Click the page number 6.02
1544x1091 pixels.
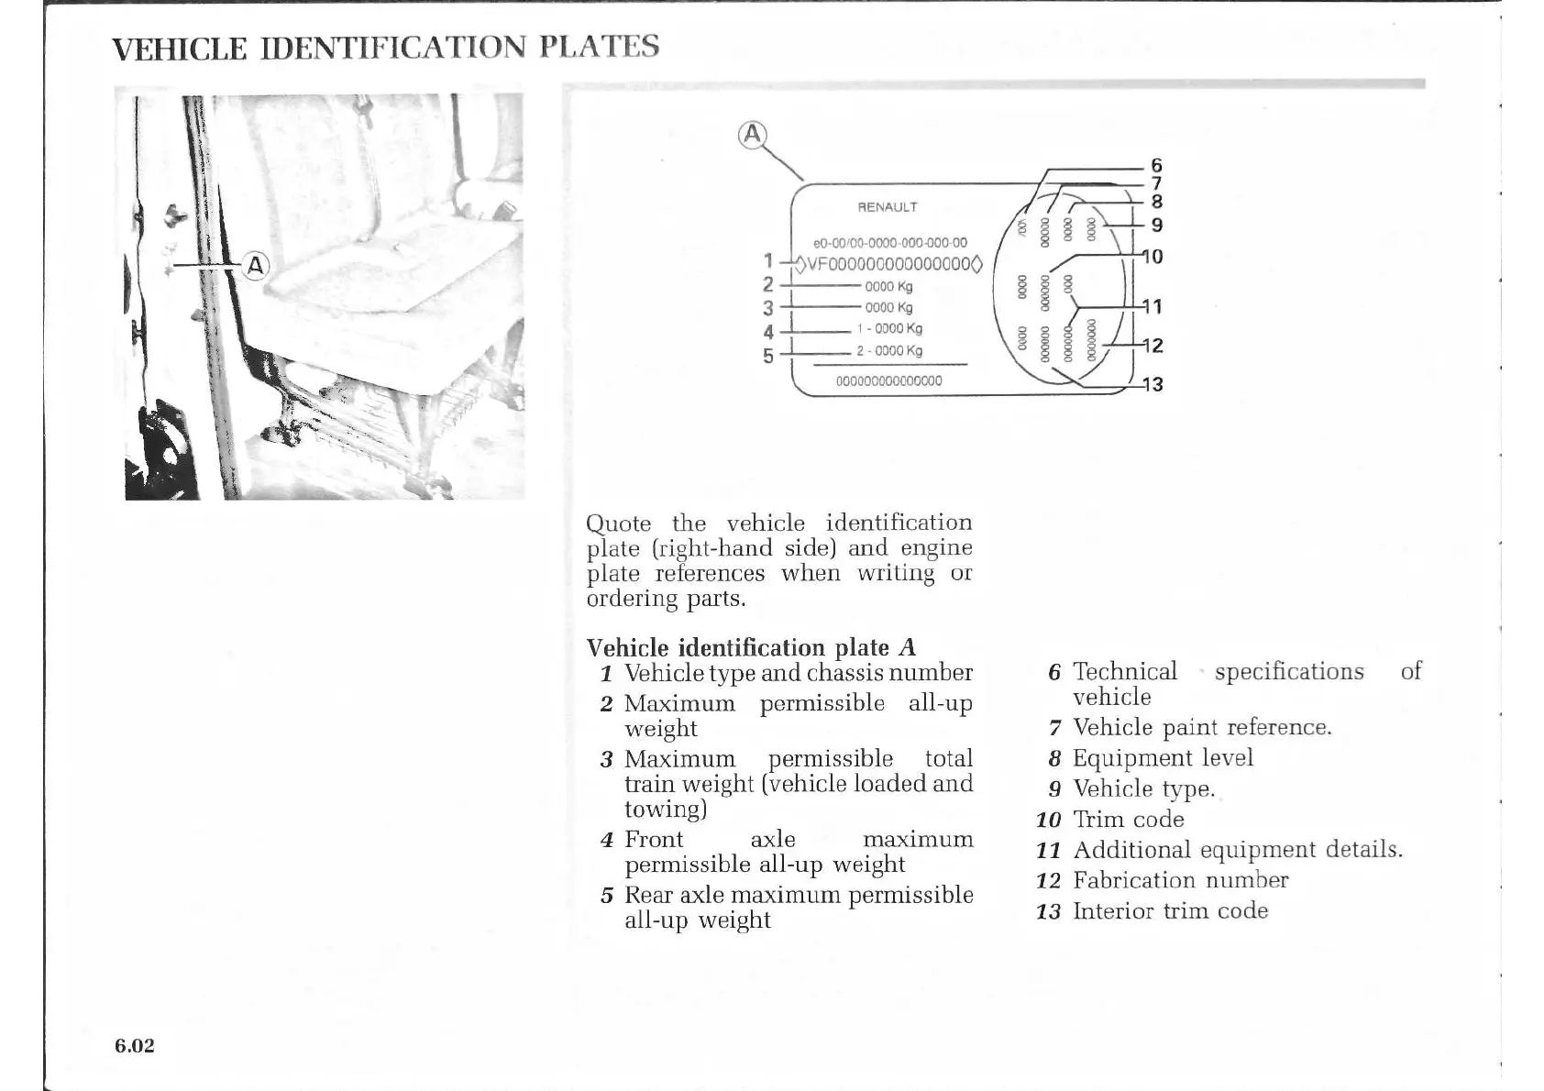point(135,1045)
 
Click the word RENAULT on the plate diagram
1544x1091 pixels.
point(887,207)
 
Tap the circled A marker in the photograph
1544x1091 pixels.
point(255,266)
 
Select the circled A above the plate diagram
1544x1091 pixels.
point(752,135)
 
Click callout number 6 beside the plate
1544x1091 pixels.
point(1156,165)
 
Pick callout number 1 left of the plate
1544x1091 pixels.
point(768,261)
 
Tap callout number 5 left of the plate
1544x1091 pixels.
point(768,356)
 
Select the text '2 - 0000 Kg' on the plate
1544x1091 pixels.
point(888,351)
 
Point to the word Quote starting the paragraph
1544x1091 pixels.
point(619,523)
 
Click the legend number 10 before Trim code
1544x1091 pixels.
point(1048,820)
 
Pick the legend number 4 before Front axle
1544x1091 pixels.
point(606,840)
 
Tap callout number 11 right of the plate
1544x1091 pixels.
point(1152,306)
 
